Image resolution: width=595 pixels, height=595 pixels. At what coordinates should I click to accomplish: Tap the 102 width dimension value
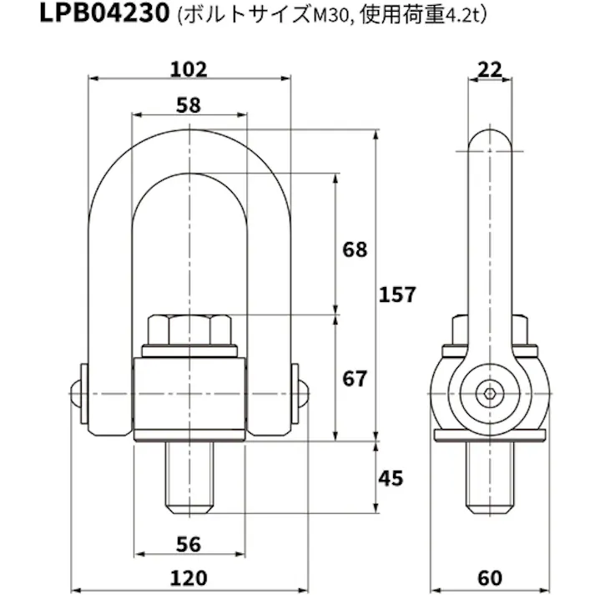189,69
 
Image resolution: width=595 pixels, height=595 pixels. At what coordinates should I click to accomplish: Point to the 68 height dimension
355,250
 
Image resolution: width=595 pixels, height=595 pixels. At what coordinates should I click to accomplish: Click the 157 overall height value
396,295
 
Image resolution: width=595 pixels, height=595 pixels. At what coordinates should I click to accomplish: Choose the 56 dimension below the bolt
189,544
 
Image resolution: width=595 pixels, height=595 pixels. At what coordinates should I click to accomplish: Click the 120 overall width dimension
189,577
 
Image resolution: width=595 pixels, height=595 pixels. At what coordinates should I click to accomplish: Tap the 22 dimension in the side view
491,69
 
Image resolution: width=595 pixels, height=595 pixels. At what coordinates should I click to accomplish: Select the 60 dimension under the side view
491,577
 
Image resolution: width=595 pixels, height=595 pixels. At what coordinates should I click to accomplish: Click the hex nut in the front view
189,330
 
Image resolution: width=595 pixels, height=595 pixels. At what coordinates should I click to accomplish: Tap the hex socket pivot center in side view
490,393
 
